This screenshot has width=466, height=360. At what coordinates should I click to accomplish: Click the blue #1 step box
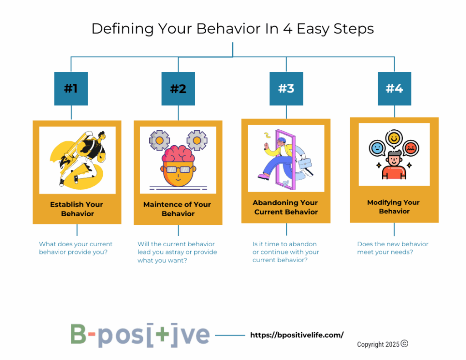tap(71, 89)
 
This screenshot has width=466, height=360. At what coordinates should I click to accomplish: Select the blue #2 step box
tap(178, 89)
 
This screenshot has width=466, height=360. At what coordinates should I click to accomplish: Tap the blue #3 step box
tap(286, 89)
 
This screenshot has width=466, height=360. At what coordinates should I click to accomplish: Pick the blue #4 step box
tap(395, 89)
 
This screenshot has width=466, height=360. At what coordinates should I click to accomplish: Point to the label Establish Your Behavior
tap(76, 209)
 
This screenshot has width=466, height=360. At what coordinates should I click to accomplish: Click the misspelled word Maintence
tap(162, 204)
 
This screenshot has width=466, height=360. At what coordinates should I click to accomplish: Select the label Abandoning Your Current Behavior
tap(285, 207)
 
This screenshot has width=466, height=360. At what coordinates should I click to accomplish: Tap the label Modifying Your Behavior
tap(394, 207)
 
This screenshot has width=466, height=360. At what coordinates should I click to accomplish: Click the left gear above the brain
tap(159, 140)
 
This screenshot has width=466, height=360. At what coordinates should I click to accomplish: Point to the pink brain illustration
tap(178, 153)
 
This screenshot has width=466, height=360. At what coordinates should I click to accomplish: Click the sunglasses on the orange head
tap(178, 169)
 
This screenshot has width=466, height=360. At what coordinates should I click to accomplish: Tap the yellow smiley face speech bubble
tap(394, 138)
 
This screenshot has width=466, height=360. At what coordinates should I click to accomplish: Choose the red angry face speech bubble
tap(411, 148)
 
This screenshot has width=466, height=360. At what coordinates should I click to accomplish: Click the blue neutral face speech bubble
tap(377, 148)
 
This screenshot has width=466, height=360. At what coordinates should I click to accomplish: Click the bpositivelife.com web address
tap(297, 335)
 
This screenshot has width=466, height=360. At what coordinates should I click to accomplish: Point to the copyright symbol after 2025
tap(405, 344)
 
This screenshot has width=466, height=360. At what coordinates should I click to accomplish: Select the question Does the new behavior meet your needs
tap(393, 248)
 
